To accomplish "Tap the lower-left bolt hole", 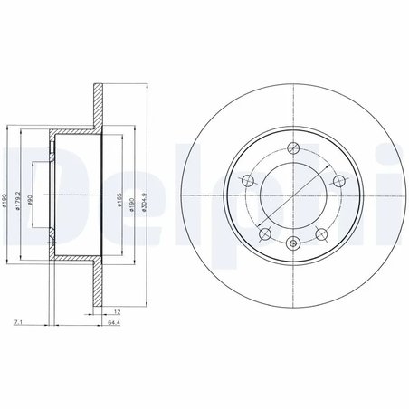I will coord(263,233).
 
